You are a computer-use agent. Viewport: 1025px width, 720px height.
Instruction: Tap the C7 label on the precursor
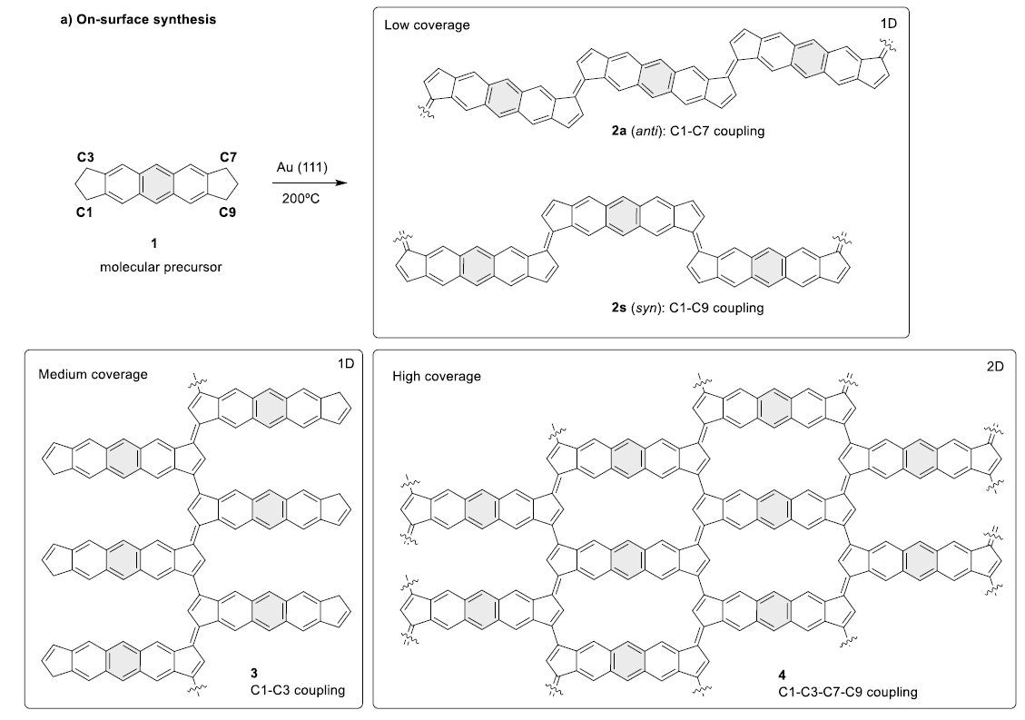pos(227,157)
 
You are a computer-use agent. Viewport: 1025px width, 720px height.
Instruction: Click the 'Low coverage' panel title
pos(427,25)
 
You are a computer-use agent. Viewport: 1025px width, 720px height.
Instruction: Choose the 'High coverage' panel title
pos(436,376)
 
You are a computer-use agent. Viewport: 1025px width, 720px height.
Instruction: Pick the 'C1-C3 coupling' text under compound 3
pos(298,690)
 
